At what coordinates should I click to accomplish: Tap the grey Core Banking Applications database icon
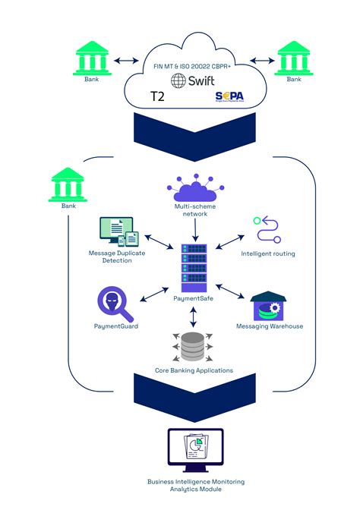193,348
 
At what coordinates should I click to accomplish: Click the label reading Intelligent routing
268,253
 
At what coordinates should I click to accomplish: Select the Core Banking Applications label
194,370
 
